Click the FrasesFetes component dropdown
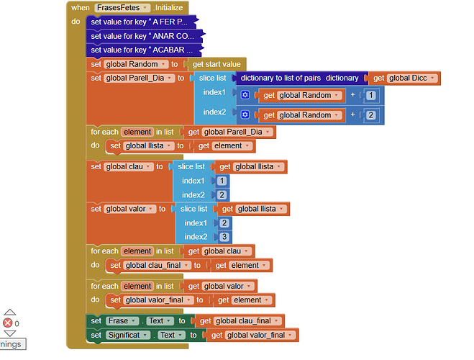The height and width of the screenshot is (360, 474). point(122,7)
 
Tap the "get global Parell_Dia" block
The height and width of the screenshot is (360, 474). point(229,132)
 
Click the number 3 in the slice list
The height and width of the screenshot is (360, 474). point(224,237)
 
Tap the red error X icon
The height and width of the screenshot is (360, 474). point(8,323)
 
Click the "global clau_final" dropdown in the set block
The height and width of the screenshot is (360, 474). point(154,265)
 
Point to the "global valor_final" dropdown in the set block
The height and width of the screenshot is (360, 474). point(156,300)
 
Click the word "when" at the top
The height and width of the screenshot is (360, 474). point(80,7)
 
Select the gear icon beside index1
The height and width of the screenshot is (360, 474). point(245,95)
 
